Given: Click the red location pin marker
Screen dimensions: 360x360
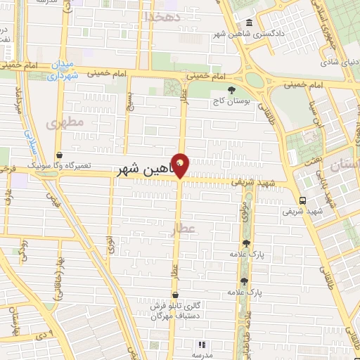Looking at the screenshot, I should coord(181,165).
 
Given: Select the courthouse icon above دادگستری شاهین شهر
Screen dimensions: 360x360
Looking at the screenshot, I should coord(251,22).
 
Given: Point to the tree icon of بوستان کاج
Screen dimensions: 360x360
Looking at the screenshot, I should coord(232,89).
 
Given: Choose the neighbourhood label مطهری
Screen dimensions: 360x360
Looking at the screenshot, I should coord(65,123).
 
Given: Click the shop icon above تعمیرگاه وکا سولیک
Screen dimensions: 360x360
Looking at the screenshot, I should coord(58,155).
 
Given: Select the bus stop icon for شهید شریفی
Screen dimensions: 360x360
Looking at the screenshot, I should coord(302,200).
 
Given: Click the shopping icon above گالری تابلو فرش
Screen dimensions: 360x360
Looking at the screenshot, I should coord(174,295).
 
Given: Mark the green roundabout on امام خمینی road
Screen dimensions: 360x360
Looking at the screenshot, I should coord(255,79).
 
